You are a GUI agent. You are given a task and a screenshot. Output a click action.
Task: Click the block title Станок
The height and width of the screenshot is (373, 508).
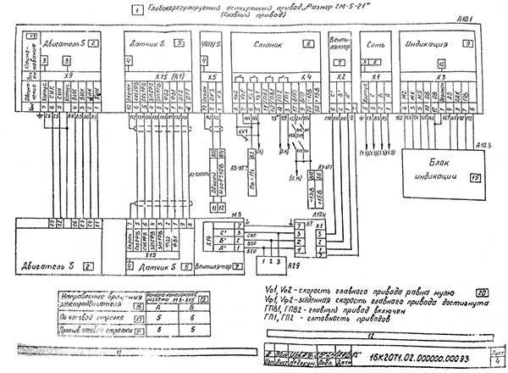[269, 42]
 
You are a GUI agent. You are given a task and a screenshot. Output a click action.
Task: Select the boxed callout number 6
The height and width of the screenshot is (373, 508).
[309, 42]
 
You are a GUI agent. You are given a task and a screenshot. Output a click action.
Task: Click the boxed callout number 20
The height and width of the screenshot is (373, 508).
[481, 288]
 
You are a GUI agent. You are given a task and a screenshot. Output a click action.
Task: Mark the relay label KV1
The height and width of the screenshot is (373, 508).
[242, 131]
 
